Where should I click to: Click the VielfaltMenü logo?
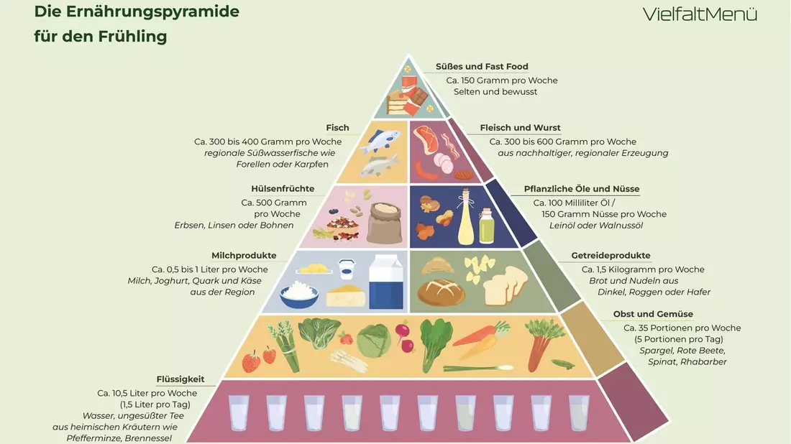700,14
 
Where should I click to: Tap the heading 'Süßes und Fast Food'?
482,67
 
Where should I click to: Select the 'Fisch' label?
337,128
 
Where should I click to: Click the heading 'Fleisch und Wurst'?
520,128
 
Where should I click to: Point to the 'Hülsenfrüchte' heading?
283,189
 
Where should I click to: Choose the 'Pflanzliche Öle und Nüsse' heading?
582,189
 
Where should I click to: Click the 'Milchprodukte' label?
244,256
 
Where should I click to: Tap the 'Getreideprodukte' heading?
611,256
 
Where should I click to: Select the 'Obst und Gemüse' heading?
653,314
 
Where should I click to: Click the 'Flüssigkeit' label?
180,379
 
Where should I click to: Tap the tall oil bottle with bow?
466,217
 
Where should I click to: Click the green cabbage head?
374,341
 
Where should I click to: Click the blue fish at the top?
383,139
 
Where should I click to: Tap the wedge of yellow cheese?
346,296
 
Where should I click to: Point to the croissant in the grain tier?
437,266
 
